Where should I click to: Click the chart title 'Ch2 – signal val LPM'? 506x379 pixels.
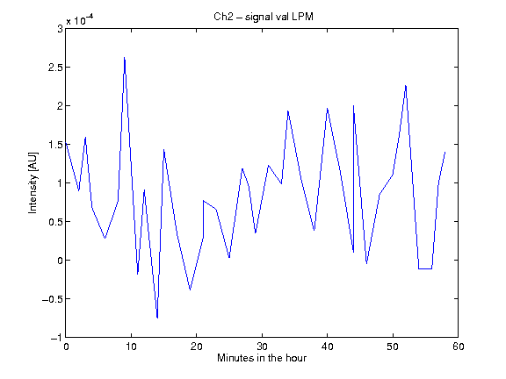264,17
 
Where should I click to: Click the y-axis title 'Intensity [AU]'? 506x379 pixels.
33,182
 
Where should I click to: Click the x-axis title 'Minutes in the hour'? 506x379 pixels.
262,358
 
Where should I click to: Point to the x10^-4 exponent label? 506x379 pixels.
80,20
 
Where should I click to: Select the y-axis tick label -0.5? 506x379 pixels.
53,299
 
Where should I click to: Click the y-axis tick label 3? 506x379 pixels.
60,29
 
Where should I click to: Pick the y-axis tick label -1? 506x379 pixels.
56,338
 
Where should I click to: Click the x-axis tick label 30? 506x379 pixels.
262,347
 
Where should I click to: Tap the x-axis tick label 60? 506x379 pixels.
458,347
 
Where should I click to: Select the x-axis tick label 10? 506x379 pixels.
131,347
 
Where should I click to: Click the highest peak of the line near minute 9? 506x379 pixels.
124,58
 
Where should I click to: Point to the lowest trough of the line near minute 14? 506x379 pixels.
157,318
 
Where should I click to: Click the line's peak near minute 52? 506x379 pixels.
406,86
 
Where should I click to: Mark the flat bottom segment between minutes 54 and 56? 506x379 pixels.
425,268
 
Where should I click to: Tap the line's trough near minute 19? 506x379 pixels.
190,290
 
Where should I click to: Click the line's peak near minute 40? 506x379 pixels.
327,109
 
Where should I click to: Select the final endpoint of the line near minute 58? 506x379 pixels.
445,152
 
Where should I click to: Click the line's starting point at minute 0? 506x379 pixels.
66,143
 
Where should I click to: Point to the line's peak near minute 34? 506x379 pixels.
288,111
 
